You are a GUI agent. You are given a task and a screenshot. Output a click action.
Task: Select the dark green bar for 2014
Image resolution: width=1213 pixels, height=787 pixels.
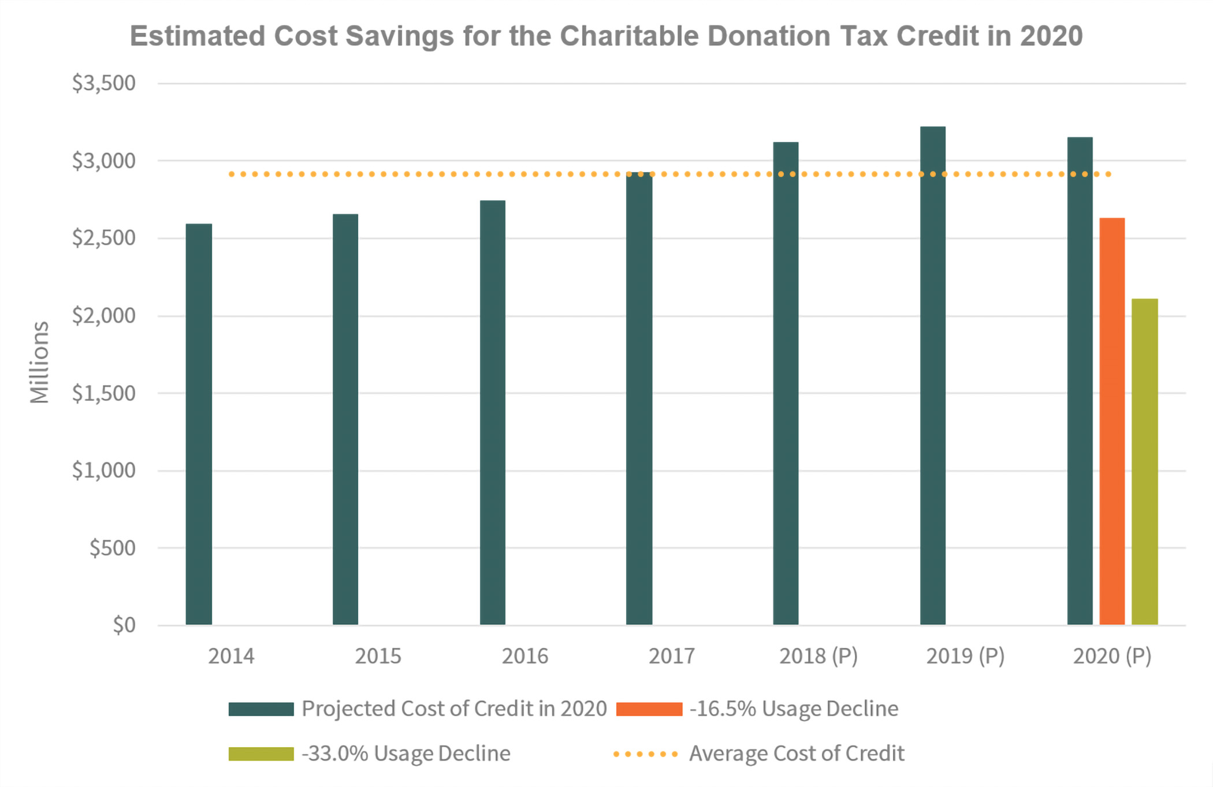pos(199,424)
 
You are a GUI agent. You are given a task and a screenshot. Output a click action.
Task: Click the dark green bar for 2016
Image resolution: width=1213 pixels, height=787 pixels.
pos(493,413)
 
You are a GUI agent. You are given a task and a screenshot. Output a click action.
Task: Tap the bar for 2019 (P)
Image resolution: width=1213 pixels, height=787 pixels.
pos(933,375)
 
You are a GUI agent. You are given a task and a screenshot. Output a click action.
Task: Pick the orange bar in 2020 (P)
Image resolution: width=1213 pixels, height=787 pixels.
pos(1112,422)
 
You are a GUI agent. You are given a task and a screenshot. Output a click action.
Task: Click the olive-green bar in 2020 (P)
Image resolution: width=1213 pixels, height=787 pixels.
pos(1144,462)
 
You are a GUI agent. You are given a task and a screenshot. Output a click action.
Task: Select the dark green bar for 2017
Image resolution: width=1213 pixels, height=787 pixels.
pos(639,398)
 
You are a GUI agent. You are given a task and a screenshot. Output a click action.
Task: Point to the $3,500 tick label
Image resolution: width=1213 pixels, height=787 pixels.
pos(104,83)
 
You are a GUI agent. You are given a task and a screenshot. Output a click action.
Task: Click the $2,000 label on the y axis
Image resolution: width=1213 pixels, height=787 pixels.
pos(104,316)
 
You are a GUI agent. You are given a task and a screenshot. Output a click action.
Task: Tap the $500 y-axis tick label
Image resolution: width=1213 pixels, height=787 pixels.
pos(113,548)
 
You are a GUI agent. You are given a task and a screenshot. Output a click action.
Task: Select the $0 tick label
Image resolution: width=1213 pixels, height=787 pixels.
pos(124,625)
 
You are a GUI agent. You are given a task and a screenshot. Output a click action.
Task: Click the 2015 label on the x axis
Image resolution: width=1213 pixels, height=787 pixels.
pos(378,657)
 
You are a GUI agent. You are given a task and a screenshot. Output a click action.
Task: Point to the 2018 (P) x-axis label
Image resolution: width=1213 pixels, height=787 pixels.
pos(818,657)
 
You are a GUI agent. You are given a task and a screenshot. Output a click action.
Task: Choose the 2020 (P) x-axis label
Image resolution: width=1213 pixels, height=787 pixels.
pos(1112,657)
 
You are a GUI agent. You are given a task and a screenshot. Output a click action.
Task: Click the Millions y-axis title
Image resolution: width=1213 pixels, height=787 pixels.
pos(39,362)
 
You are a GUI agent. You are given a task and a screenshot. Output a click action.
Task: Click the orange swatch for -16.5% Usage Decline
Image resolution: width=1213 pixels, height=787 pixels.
pos(649,709)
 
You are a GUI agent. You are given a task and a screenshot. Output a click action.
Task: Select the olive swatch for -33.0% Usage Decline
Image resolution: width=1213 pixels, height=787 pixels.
pos(261,754)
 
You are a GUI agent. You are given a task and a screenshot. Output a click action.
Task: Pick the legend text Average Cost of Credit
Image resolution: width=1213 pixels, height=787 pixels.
pos(797,754)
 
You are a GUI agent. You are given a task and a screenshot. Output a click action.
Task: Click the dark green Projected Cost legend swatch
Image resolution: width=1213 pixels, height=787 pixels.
pos(261,709)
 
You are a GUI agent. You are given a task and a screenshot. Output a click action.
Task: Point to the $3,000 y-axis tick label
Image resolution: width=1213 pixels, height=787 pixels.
pos(104,161)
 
